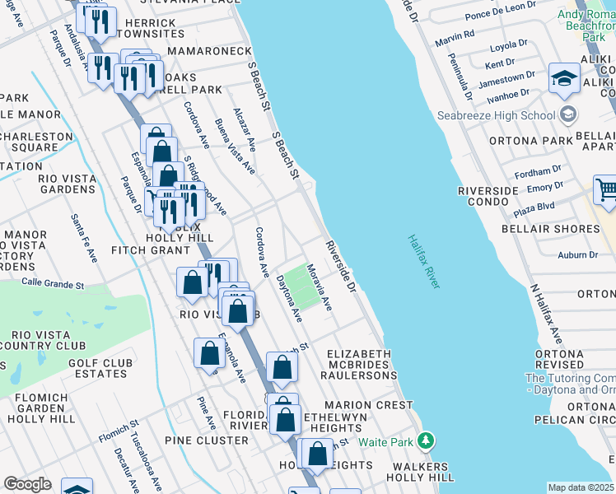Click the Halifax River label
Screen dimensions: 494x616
pos(423,261)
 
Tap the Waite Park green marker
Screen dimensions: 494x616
pos(425,441)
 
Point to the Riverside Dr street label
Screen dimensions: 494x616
pos(339,267)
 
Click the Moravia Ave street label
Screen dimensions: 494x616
pos(320,287)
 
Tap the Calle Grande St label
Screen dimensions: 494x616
pos(53,285)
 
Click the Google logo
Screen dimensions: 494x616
pos(26,484)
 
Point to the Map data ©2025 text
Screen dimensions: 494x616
pos(581,487)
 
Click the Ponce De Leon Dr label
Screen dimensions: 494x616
pos(500,16)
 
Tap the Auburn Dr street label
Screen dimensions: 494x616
pos(577,255)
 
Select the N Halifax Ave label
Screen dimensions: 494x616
pos(547,315)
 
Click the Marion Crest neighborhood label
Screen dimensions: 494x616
pos(368,405)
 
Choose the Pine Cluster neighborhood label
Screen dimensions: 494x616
pos(207,440)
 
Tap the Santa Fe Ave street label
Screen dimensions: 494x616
pos(84,238)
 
